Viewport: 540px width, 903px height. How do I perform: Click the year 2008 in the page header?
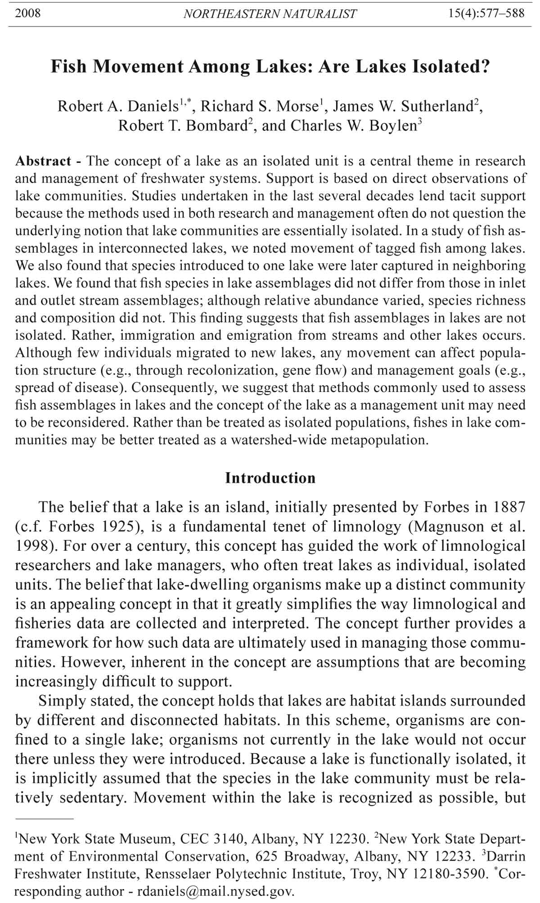(28, 13)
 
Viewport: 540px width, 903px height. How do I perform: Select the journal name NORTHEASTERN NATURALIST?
(270, 14)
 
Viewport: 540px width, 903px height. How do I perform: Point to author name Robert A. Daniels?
(118, 106)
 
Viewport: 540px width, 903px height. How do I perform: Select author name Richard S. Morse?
(259, 106)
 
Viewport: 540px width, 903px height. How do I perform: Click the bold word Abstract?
(43, 161)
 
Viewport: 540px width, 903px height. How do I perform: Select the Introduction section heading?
(270, 478)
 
